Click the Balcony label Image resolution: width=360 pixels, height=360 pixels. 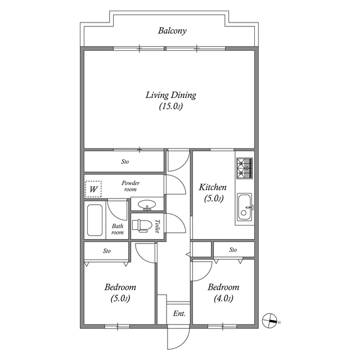tap(172, 30)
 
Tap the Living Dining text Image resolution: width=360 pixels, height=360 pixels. tap(171, 95)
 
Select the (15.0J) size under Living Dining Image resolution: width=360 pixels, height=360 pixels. tap(171, 106)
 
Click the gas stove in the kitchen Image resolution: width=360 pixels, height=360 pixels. tap(245, 166)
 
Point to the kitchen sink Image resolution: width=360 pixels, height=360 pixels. tap(245, 208)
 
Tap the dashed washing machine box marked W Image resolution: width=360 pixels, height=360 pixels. tap(93, 189)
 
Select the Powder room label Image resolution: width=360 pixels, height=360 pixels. tap(130, 186)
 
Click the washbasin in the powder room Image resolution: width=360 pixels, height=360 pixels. tap(147, 205)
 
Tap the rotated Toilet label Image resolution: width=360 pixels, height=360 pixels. tap(158, 226)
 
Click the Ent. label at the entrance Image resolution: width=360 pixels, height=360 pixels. tap(179, 313)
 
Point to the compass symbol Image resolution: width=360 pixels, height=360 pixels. tap(270, 319)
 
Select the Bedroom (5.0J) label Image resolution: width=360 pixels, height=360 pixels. tap(120, 292)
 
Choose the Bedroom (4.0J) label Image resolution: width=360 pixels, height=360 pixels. tap(223, 292)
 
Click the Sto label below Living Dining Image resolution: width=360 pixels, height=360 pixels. tap(125, 162)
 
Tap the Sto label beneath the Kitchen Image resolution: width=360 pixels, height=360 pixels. tap(233, 250)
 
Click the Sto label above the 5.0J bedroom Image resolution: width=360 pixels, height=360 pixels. tap(107, 250)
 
